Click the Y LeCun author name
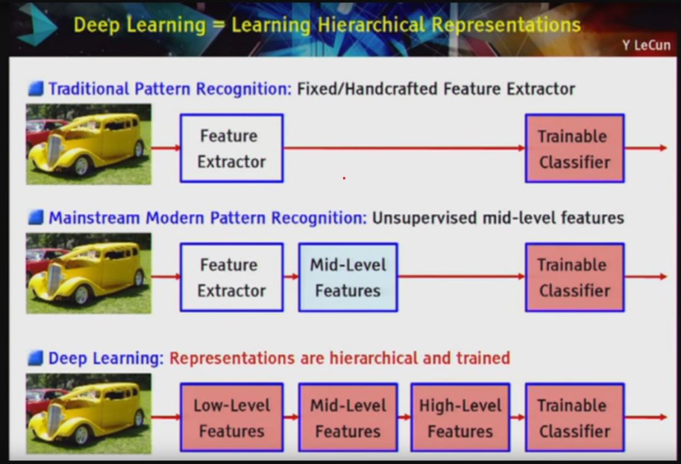(x=646, y=45)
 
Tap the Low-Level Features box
(x=231, y=417)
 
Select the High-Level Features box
(x=460, y=417)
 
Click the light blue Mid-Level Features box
(x=348, y=277)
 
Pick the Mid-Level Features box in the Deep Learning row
(x=348, y=417)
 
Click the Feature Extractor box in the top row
(x=231, y=148)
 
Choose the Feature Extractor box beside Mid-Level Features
(x=231, y=277)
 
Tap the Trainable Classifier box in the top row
(x=574, y=148)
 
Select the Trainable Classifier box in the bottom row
(x=574, y=417)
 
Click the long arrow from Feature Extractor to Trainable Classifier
(x=404, y=148)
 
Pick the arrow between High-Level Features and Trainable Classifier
(x=518, y=417)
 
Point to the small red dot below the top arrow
(x=344, y=178)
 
